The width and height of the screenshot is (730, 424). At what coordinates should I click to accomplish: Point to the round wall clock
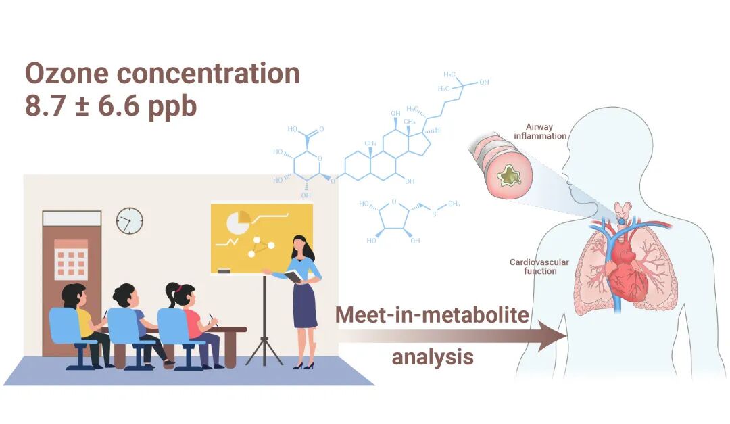(129, 220)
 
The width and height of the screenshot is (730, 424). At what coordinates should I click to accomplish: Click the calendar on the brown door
(70, 260)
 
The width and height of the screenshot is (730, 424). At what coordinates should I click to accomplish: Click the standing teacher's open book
(292, 275)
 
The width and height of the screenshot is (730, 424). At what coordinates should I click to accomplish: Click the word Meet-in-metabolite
(433, 314)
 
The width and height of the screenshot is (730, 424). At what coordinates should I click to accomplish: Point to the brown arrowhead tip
(564, 335)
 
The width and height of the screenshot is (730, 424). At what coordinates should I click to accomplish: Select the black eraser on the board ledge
(224, 270)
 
